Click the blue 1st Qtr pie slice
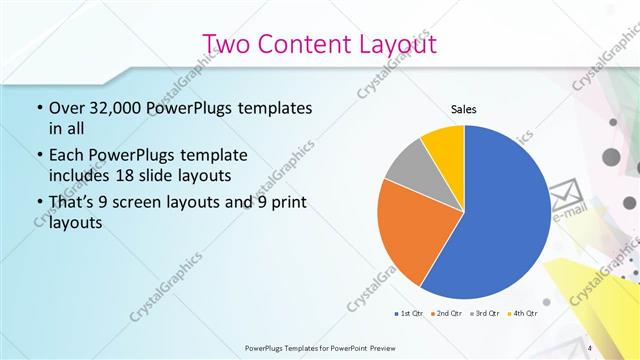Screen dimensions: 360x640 coord(500,220)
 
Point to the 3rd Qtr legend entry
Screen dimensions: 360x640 coord(484,314)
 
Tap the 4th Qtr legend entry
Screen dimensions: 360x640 coord(523,314)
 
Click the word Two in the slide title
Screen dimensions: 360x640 coord(224,44)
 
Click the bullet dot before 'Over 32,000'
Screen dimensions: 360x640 coord(39,107)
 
